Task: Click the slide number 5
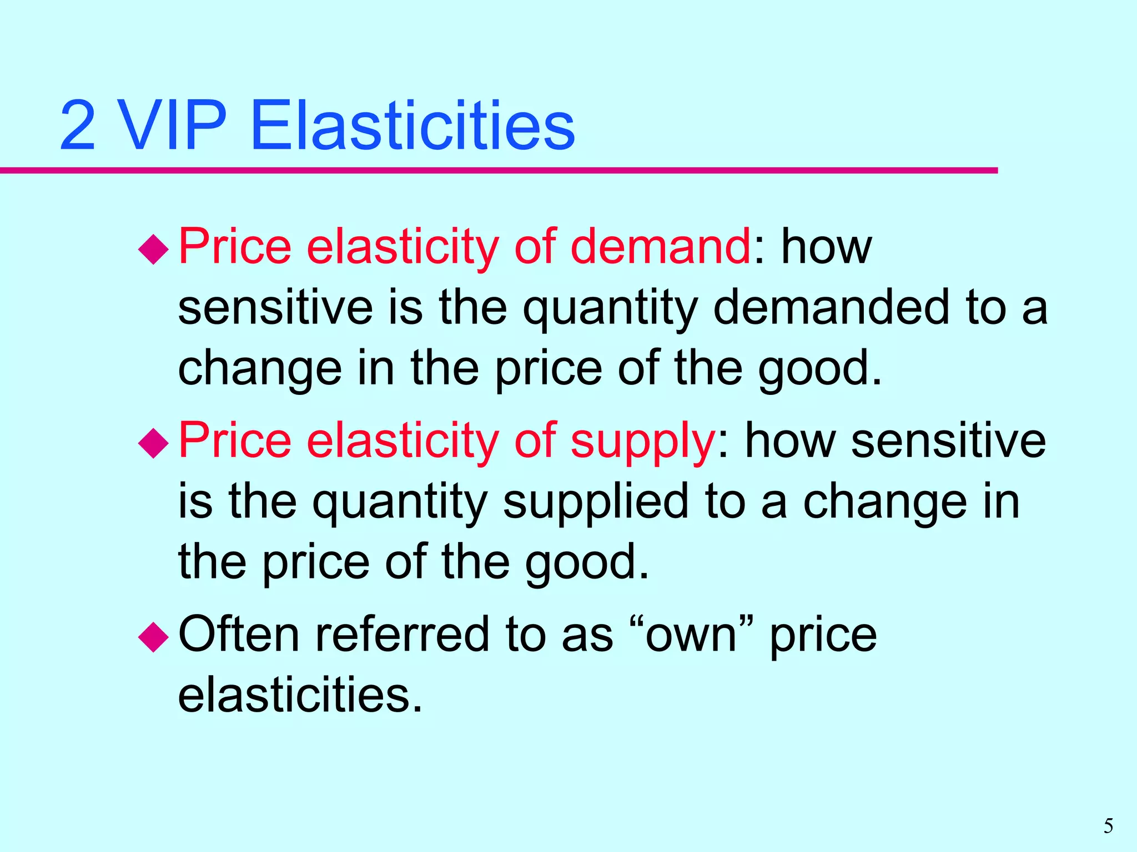(1108, 826)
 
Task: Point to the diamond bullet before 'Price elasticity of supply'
(153, 443)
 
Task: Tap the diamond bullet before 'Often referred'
(153, 637)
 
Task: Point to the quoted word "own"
(692, 634)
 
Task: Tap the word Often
(239, 634)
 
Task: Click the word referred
(403, 634)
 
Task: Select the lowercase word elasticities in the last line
(300, 694)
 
